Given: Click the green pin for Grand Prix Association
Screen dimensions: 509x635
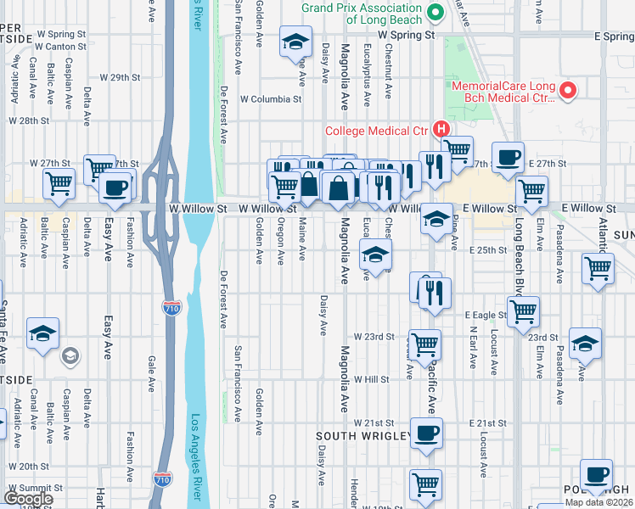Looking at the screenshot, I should [436, 12].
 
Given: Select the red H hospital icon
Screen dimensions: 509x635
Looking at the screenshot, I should [440, 130].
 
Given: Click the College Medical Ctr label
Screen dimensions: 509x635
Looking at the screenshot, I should [376, 130].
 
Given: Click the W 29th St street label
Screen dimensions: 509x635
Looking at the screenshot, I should [118, 77].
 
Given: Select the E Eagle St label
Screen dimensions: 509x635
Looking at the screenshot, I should [486, 315].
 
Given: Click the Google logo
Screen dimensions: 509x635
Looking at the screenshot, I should [28, 498].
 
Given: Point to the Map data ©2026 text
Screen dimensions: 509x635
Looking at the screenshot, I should [598, 502].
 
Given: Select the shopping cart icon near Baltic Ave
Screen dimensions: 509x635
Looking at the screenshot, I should [59, 182].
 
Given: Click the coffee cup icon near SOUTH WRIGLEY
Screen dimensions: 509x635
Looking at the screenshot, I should [427, 432].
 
